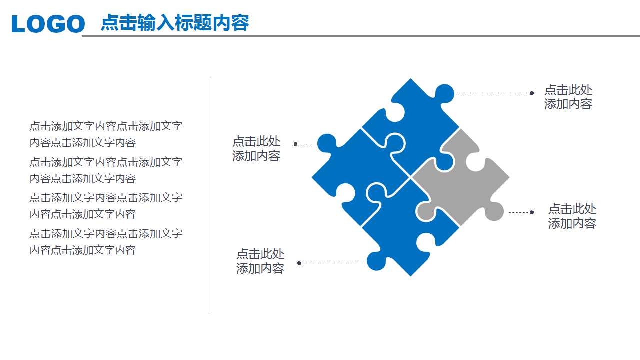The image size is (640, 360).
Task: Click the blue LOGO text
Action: (48, 24)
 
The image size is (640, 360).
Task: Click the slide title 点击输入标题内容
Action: (175, 23)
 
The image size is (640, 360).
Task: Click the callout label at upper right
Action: (568, 97)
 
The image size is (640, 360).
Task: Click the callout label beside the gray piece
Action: (572, 216)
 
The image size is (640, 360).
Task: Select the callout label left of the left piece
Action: (256, 148)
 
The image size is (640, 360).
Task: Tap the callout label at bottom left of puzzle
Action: (260, 261)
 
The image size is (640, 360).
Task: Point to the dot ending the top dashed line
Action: (532, 93)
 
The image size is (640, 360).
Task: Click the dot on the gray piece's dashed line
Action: (532, 212)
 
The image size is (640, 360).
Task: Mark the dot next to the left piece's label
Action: (296, 144)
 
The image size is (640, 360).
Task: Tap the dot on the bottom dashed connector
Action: (299, 263)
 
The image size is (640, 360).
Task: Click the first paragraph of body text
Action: (106, 134)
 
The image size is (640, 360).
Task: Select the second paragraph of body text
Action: (106, 170)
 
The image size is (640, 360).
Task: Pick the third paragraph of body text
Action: (106, 205)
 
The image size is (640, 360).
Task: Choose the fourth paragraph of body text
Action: (106, 241)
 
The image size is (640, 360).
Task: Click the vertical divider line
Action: (210, 195)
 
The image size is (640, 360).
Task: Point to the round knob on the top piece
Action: (445, 93)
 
